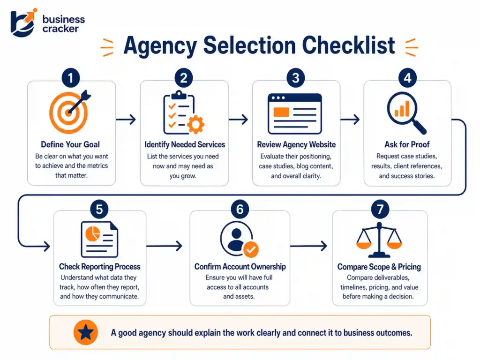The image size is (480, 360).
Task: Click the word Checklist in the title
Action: point(348,46)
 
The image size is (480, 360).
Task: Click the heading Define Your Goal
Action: point(70,144)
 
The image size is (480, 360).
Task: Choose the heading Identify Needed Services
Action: point(185,144)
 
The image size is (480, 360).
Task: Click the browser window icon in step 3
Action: point(295,114)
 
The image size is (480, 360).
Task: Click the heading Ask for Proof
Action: point(407,144)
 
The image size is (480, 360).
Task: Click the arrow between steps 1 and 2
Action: point(126,120)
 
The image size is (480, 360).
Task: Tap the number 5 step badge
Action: point(99,209)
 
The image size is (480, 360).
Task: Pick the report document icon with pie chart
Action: point(99,240)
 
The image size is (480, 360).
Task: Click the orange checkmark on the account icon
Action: point(251,249)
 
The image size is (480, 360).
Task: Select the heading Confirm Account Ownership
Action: point(240,267)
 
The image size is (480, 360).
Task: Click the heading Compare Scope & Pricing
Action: point(379,267)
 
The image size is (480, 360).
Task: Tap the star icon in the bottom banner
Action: point(86,333)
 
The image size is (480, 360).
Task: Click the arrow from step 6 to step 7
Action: point(308,245)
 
